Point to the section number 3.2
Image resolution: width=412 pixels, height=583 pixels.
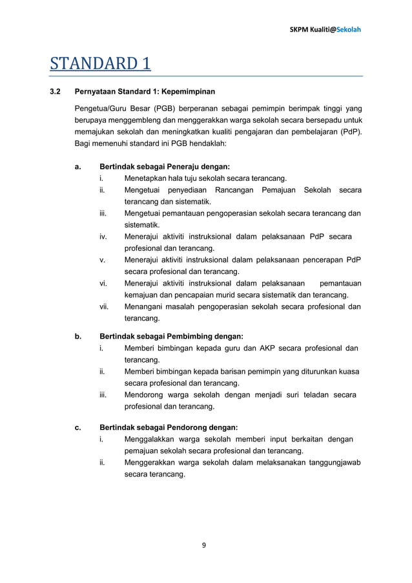pyautogui.click(x=56, y=91)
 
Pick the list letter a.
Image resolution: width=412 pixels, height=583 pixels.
pyautogui.click(x=77, y=167)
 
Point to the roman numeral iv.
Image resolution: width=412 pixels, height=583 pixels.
pyautogui.click(x=103, y=237)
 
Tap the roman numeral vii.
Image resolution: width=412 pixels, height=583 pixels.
pyautogui.click(x=104, y=306)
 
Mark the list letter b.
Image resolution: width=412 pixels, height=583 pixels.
pyautogui.click(x=78, y=336)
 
